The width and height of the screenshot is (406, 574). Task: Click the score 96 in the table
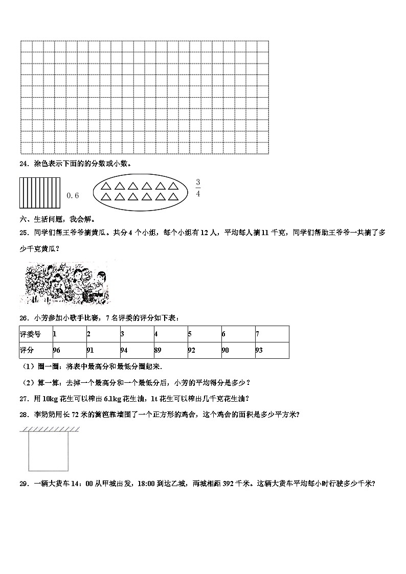[x=57, y=351]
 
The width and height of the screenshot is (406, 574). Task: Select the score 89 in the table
[x=159, y=351]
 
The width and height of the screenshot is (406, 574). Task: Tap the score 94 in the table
[x=124, y=351]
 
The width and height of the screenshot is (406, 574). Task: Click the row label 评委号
[x=30, y=334]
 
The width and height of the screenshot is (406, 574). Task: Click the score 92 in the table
[x=192, y=351]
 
